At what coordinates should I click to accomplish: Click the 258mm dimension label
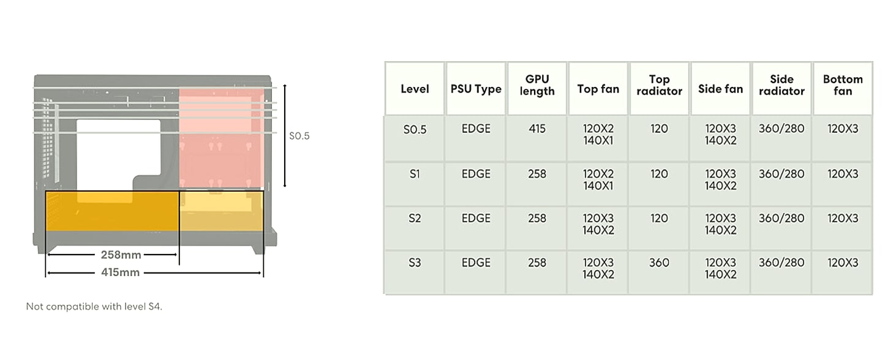121,255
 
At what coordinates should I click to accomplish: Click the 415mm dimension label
120,272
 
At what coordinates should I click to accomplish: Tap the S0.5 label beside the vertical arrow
299,136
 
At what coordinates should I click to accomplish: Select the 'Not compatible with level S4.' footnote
94,307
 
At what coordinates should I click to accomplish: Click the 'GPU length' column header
536,85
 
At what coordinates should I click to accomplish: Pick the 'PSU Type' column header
476,89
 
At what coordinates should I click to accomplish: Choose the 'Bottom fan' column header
843,85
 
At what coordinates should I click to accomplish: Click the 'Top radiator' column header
659,85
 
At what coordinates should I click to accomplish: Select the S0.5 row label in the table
415,129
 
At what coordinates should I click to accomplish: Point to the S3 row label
415,263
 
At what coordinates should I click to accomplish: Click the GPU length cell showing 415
536,129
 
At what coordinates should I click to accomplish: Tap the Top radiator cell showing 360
659,263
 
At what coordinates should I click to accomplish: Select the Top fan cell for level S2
598,224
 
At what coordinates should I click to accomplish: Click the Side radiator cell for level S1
781,174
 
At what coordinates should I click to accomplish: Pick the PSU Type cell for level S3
476,263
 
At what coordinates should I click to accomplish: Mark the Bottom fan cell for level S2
843,218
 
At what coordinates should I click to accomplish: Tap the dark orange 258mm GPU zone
112,211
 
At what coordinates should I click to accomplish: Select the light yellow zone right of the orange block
222,211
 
